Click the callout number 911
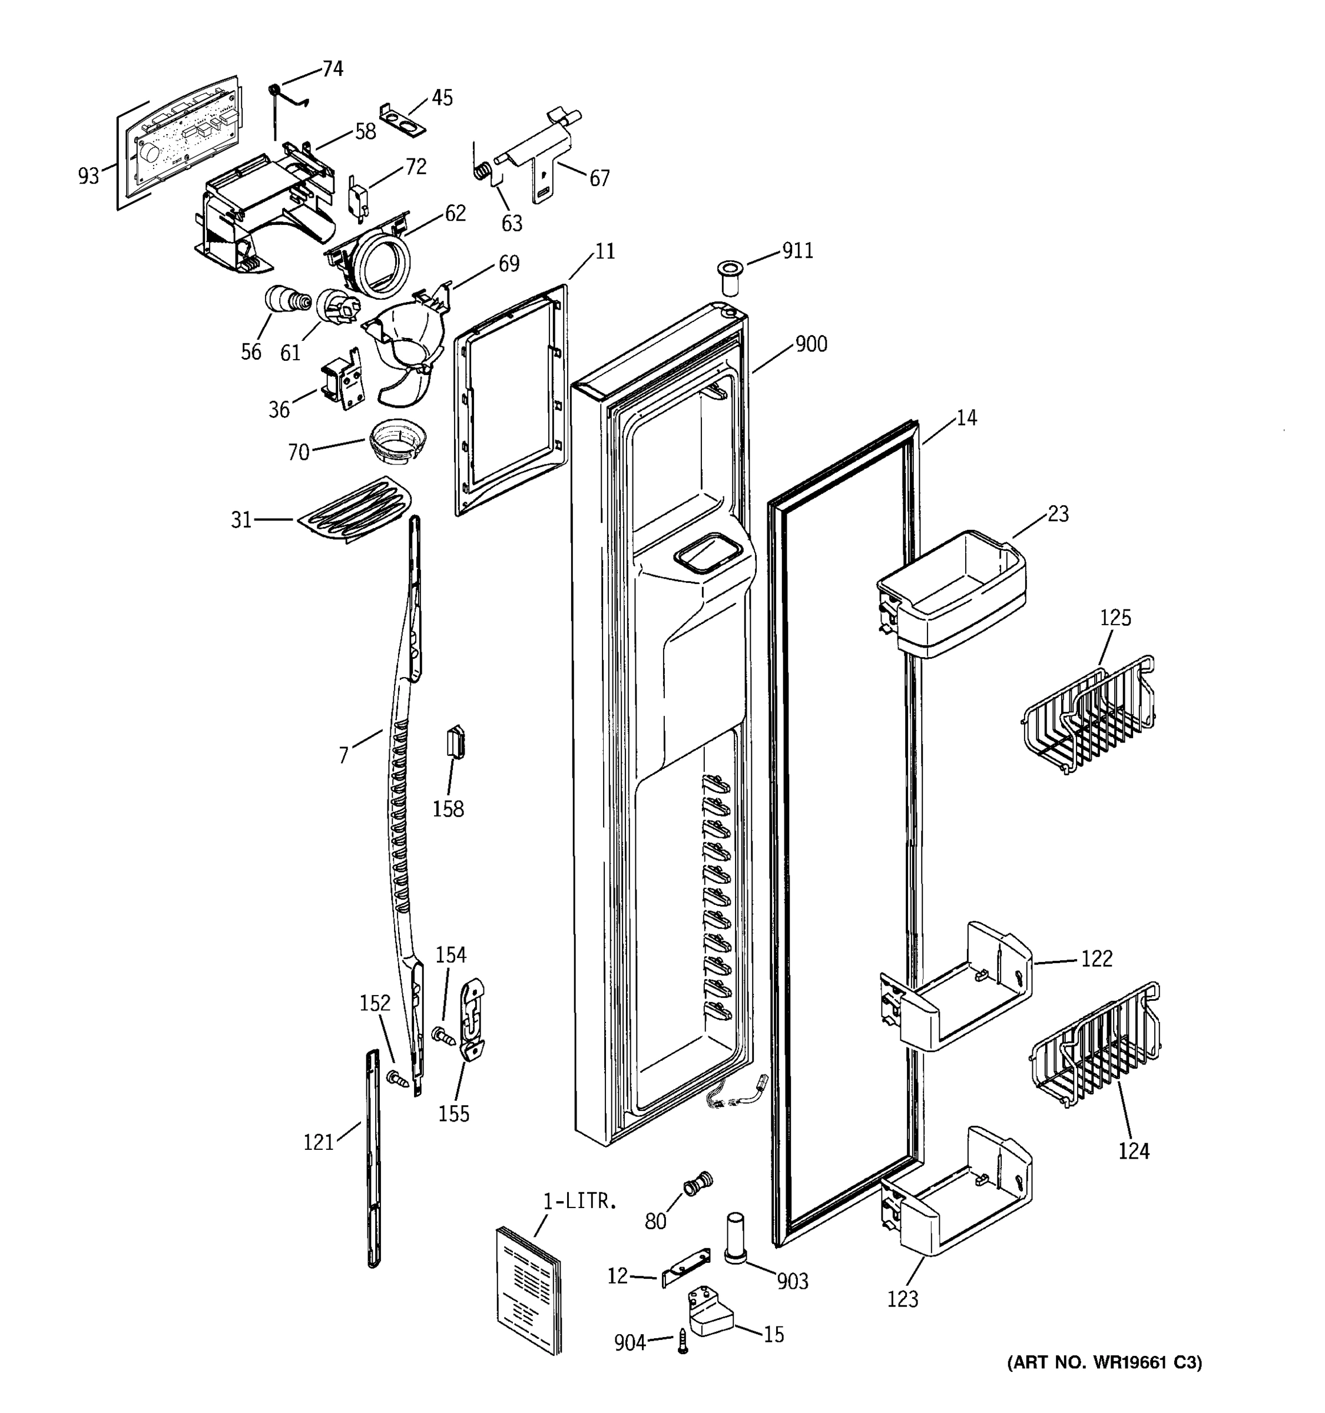click(797, 251)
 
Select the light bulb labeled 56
click(285, 301)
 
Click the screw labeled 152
click(399, 1079)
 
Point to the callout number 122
click(1096, 959)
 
